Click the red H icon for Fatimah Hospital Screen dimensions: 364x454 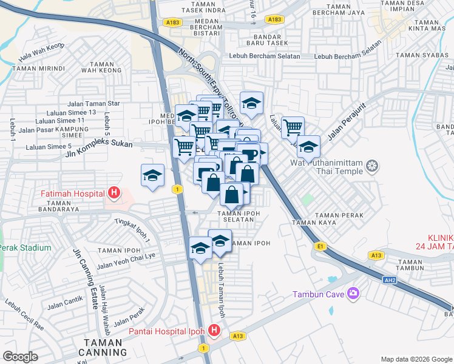pos(113,194)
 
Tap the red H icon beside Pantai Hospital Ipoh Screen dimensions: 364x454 pos(214,331)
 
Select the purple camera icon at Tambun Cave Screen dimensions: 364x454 pos(353,294)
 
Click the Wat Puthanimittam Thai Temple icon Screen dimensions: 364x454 pos(372,166)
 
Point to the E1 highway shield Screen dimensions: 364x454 pos(320,246)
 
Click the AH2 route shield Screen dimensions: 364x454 pos(390,280)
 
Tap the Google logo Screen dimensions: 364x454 pos(21,356)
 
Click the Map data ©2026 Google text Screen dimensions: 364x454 pos(416,359)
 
